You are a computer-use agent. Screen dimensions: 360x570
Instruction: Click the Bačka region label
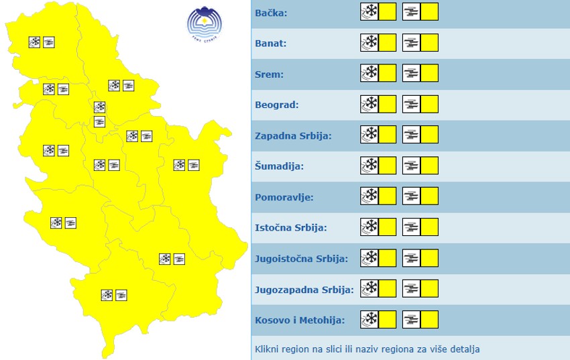coord(272,13)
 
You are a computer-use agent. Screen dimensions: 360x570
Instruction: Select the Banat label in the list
coord(271,44)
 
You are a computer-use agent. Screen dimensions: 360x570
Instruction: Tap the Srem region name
coord(270,74)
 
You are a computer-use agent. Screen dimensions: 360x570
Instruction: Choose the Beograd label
coord(276,105)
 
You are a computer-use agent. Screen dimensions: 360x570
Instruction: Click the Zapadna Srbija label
coord(293,136)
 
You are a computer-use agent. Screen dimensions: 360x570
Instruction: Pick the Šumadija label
coord(280,167)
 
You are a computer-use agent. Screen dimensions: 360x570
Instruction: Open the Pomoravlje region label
coord(284,198)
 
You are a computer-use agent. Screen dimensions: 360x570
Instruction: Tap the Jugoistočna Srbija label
coord(301,259)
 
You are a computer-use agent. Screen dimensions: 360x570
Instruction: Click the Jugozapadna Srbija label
coord(304,290)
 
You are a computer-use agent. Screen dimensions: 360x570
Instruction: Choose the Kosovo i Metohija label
coord(300,320)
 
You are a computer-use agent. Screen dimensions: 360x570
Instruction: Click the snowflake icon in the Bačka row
coord(369,12)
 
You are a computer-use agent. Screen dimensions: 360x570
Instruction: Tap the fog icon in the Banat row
coord(411,43)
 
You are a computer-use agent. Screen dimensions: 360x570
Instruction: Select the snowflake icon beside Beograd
coord(369,105)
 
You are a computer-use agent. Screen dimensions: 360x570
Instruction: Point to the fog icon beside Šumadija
coord(411,166)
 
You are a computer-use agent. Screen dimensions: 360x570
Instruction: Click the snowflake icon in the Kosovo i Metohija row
coord(369,320)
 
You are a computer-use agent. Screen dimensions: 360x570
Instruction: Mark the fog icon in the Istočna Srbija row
coord(411,227)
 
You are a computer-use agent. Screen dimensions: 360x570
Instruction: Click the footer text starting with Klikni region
coord(367,349)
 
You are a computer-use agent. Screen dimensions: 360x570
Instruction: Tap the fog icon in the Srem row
coord(411,74)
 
